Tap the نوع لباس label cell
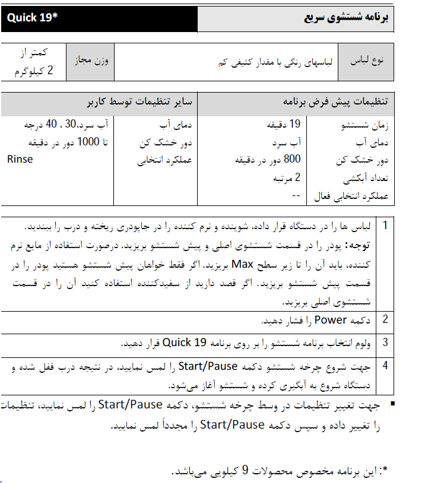(365, 61)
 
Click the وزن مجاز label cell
(91, 61)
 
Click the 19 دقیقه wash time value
(287, 125)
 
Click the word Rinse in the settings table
(20, 159)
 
